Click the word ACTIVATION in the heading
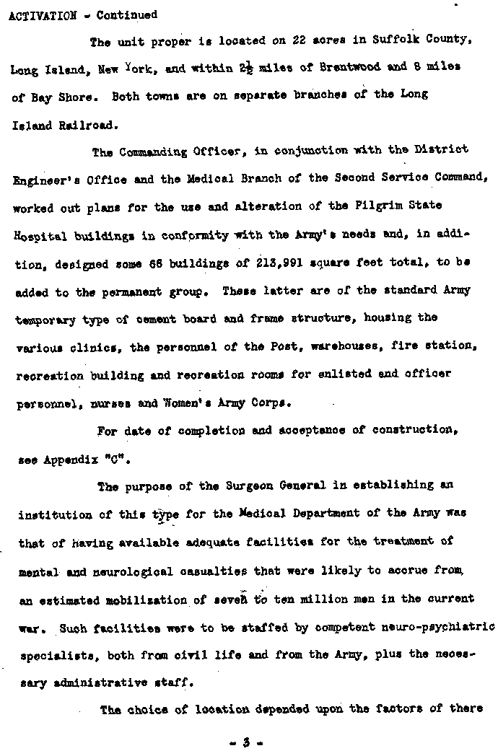click(x=40, y=15)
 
